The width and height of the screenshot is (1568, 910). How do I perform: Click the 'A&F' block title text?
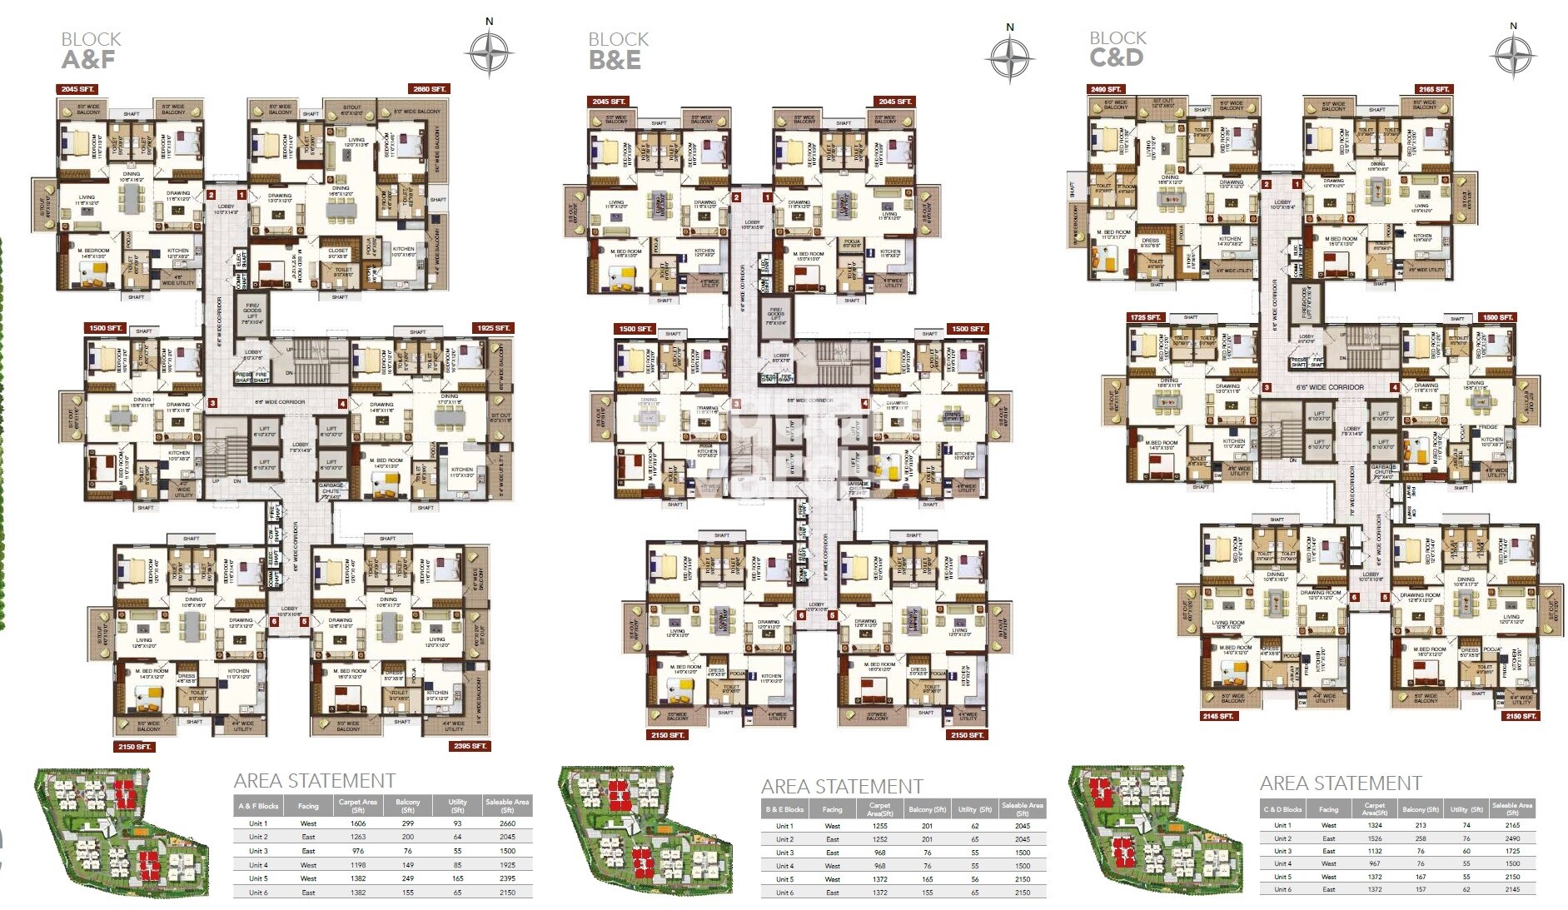pos(88,60)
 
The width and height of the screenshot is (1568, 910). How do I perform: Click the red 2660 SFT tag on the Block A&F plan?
pos(430,89)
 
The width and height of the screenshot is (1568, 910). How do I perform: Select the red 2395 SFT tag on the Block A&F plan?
pos(470,746)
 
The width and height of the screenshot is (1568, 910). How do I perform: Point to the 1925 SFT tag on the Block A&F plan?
pos(493,328)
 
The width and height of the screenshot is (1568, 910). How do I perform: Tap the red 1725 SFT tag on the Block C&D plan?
pos(1146,317)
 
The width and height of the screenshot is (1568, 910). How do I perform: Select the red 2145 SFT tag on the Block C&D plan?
pos(1218,716)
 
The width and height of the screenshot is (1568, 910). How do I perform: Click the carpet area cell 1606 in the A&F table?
pos(358,823)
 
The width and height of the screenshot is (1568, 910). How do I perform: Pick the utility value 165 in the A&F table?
pos(458,878)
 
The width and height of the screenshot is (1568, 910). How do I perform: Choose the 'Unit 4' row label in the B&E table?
pos(784,866)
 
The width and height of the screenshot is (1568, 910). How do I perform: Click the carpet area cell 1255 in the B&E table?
pos(879,826)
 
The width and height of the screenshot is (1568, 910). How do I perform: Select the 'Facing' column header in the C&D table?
pos(1328,809)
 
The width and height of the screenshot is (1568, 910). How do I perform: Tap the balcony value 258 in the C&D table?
pos(1421,838)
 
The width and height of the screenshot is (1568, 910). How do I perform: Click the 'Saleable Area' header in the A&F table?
pos(507,805)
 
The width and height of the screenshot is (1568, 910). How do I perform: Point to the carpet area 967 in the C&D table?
pos(1375,863)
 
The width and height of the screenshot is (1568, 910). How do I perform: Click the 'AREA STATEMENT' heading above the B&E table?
pos(841,787)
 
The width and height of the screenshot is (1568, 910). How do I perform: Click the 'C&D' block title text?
pos(1116,58)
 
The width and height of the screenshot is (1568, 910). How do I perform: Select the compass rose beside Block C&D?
pos(1512,56)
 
